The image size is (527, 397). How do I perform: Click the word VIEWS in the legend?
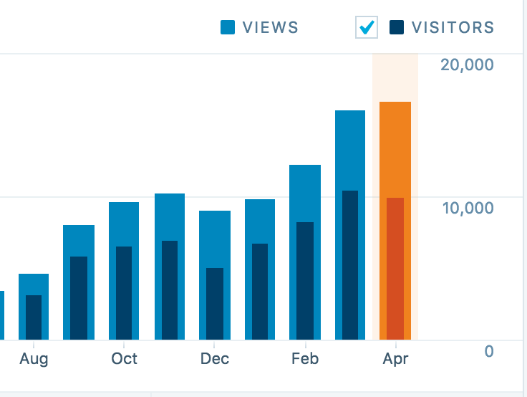270,28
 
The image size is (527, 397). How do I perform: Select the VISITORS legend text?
453,28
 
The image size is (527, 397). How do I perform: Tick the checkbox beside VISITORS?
367,28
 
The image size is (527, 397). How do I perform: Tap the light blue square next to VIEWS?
228,28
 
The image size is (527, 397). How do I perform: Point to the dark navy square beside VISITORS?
397,28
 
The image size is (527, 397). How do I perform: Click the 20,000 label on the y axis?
467,65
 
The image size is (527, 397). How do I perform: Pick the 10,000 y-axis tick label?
467,209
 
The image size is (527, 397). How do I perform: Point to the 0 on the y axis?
489,352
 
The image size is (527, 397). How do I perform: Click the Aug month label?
34,359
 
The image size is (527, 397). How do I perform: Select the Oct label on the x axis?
124,359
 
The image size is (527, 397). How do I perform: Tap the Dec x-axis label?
215,359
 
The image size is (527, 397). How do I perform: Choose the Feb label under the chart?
305,359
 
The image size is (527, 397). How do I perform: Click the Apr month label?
395,359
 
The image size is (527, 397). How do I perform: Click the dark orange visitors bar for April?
395,269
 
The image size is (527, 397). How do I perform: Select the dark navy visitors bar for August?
34,317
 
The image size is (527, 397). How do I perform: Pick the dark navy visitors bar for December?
215,304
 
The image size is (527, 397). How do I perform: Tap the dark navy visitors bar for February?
305,281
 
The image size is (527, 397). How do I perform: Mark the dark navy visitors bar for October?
124,293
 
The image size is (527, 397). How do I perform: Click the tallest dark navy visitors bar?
350,265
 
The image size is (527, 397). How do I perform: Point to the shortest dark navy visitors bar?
34,317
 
